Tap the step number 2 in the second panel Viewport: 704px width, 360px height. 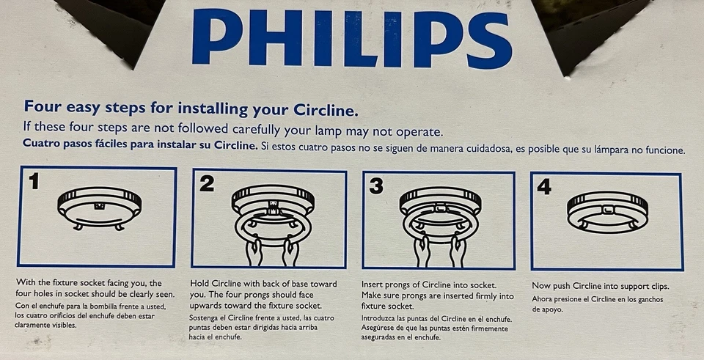point(207,184)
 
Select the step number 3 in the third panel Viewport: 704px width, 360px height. point(376,186)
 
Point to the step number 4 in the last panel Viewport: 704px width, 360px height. point(543,187)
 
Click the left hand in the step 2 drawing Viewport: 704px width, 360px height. point(253,251)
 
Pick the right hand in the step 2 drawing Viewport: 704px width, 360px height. point(290,251)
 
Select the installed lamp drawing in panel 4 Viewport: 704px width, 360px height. point(608,211)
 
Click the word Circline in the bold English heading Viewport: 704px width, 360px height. point(324,111)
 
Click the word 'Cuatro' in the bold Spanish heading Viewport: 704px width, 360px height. point(43,146)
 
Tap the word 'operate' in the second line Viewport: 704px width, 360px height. point(417,131)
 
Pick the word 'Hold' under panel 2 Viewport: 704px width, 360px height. point(200,284)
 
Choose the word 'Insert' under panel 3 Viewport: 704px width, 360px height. point(375,284)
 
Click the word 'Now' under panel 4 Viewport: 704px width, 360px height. point(542,286)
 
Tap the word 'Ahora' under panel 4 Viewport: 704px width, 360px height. point(543,298)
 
